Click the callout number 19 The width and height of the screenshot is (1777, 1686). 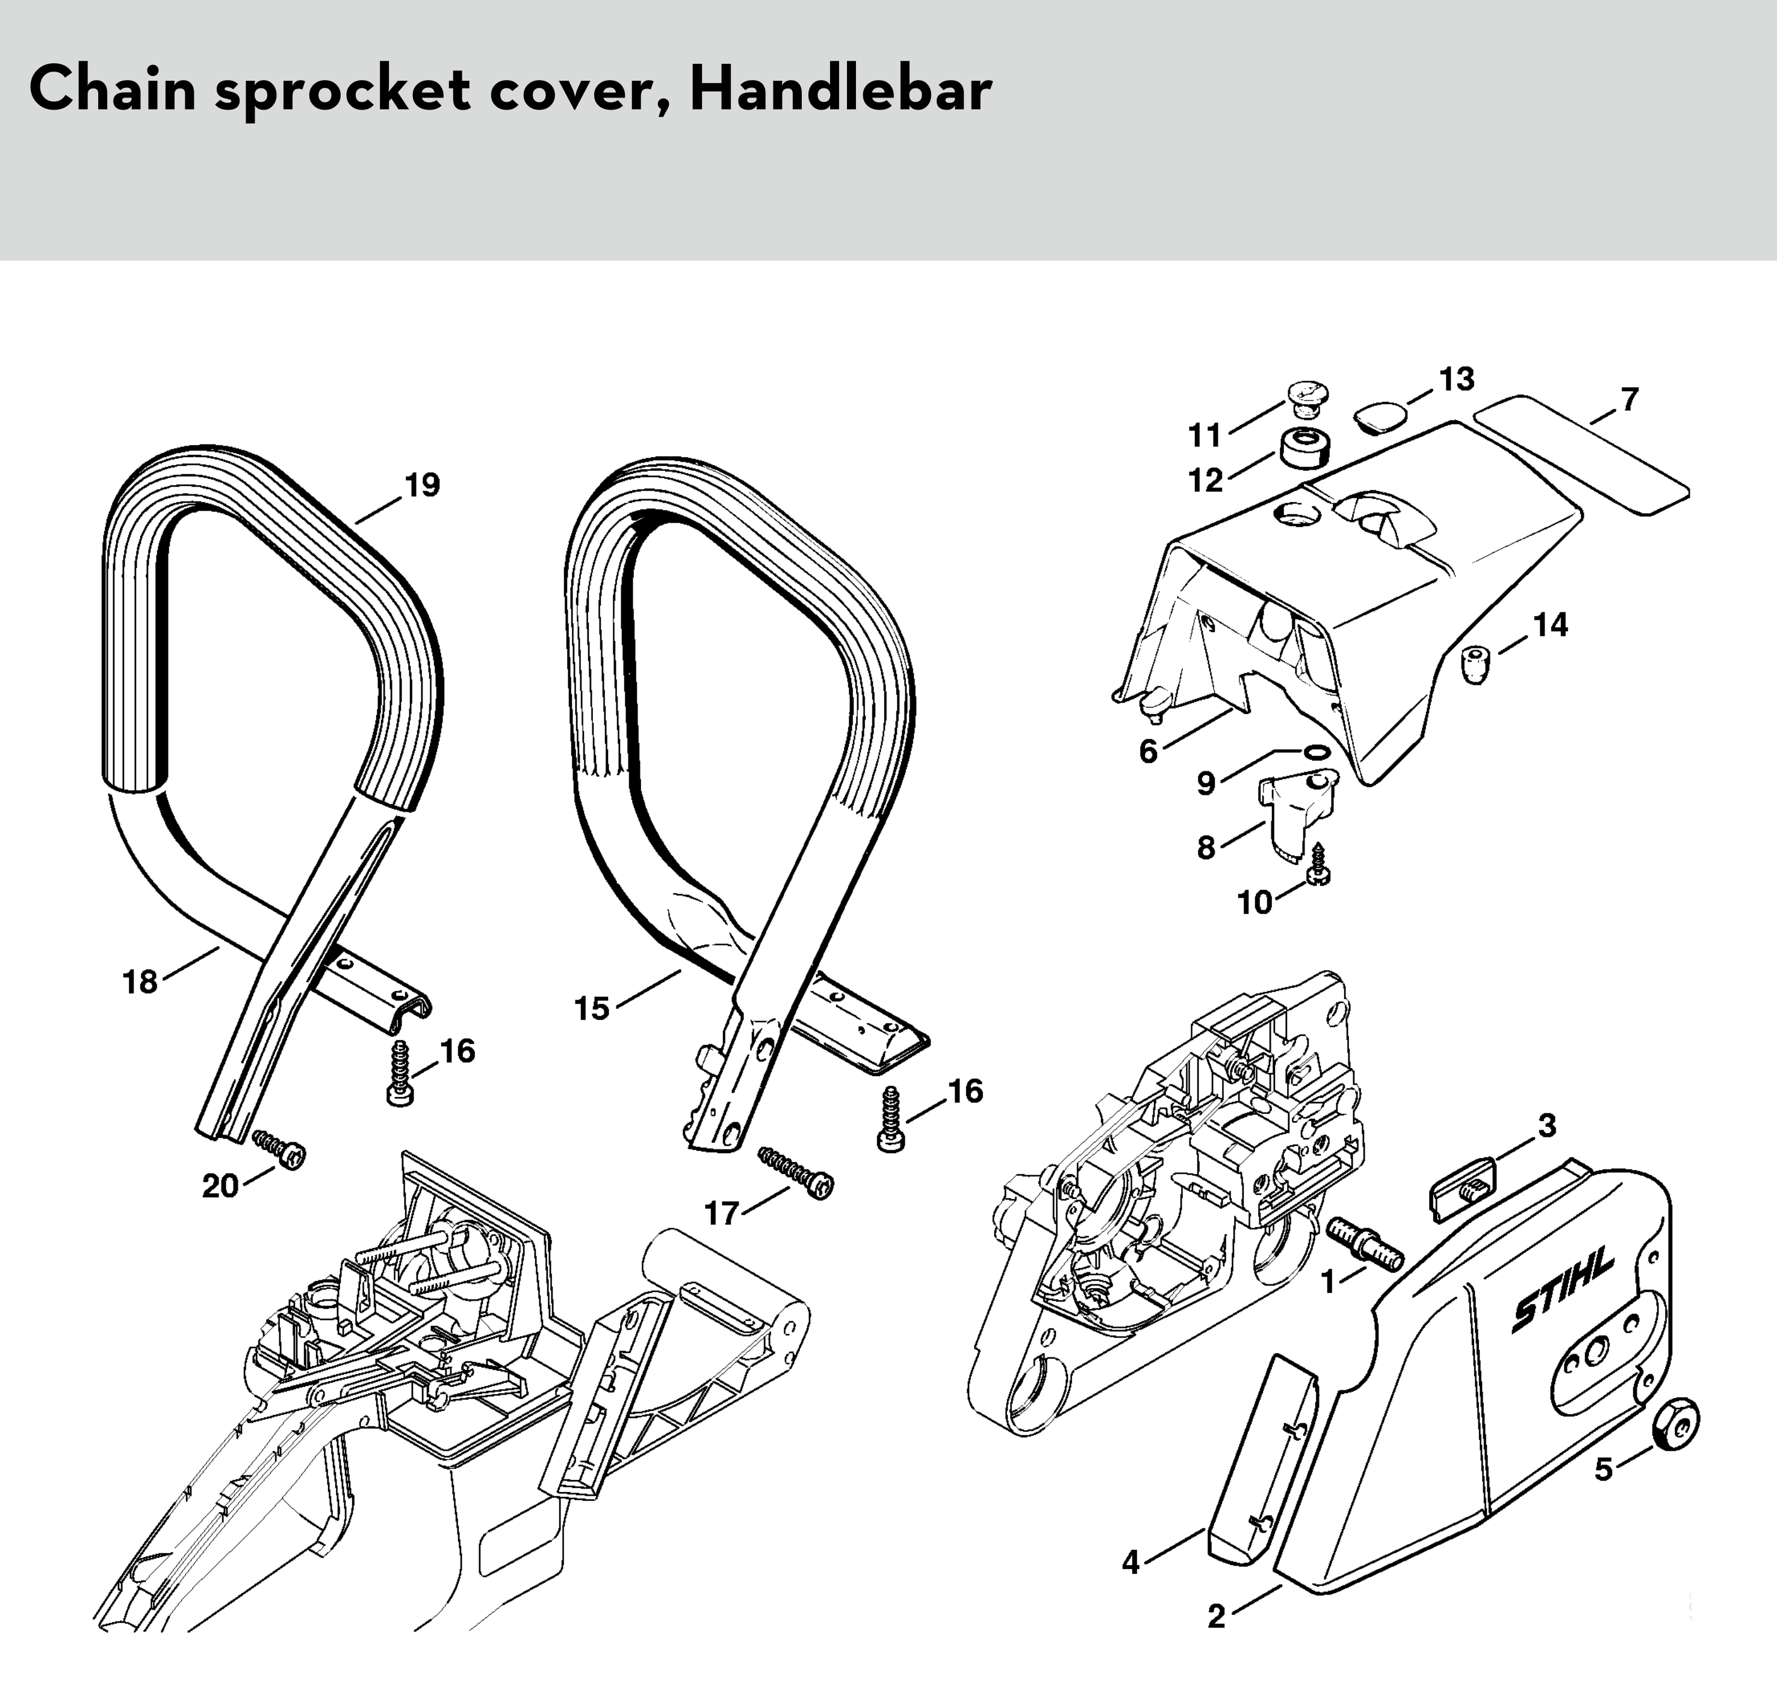click(x=422, y=485)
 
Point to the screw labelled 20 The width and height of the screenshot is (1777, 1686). click(x=281, y=1150)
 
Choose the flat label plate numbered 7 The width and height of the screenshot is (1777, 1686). click(x=1581, y=454)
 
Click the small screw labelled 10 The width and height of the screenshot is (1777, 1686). click(x=1319, y=866)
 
